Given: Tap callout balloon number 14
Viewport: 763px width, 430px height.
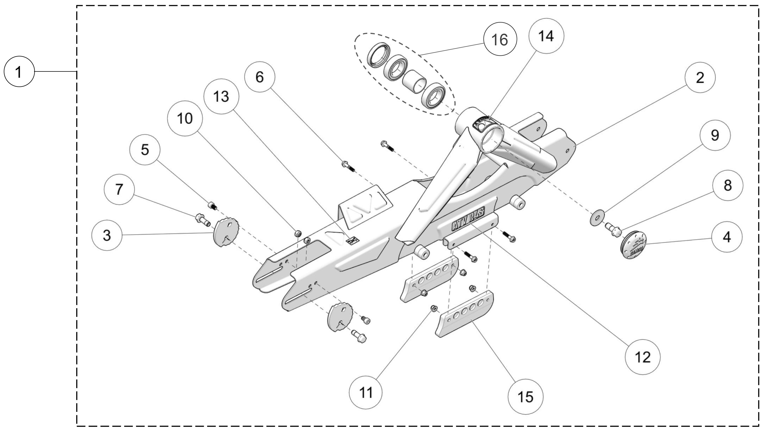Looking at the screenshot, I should (x=546, y=36).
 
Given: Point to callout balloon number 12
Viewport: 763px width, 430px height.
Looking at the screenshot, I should (x=642, y=357).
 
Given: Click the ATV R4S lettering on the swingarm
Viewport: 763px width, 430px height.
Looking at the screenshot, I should (x=468, y=219).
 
